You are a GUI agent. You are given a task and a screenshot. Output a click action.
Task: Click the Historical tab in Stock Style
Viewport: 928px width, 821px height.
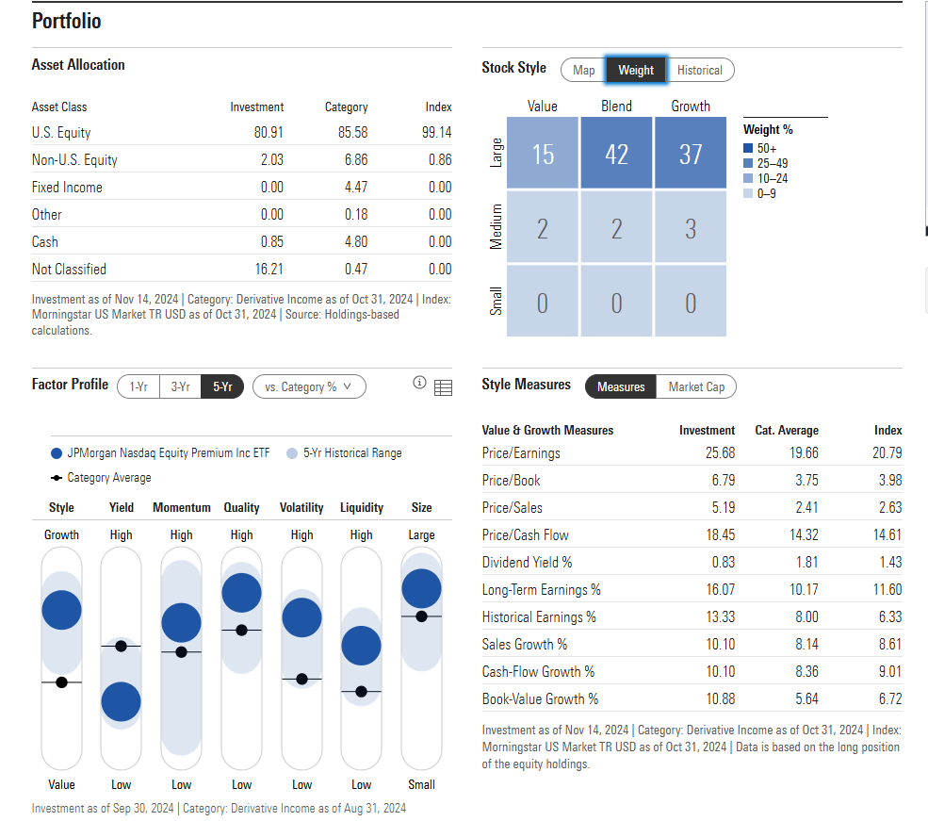click(699, 70)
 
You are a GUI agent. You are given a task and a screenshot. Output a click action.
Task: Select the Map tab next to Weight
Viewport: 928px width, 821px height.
click(583, 70)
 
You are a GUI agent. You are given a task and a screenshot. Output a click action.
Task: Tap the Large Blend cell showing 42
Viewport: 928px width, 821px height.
click(616, 154)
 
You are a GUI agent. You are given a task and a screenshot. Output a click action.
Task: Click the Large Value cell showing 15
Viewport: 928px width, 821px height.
click(543, 154)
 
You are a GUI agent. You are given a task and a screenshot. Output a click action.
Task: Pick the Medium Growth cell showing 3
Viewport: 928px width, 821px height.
click(691, 228)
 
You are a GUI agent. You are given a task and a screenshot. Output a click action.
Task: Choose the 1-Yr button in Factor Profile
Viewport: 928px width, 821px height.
click(138, 386)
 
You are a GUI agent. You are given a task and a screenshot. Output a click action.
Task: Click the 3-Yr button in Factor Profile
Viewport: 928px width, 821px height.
click(180, 386)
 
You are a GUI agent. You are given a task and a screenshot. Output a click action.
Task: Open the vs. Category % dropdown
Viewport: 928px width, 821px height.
click(308, 386)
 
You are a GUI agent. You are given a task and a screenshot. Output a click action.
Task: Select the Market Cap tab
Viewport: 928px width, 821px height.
click(696, 386)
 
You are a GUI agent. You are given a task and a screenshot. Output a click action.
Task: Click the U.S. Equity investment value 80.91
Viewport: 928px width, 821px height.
click(269, 133)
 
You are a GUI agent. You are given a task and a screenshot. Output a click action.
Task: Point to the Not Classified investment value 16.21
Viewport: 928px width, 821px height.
click(269, 270)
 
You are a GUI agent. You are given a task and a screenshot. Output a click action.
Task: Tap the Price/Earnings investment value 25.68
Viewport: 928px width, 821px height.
click(720, 453)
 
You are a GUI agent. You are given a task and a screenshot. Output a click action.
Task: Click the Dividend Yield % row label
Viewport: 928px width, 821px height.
click(527, 563)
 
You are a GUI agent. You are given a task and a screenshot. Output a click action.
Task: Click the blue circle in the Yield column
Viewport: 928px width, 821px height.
click(121, 701)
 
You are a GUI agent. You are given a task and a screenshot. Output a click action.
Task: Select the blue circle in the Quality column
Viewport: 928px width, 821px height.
click(241, 592)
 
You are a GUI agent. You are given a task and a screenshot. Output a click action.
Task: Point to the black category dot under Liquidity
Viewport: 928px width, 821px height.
click(361, 692)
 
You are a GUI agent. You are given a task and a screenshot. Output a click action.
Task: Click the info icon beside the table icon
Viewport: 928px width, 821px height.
click(419, 384)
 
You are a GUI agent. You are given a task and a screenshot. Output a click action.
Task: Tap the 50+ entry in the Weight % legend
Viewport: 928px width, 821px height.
click(762, 148)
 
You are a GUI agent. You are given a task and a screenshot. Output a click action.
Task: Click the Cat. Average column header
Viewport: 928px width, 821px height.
click(787, 430)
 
